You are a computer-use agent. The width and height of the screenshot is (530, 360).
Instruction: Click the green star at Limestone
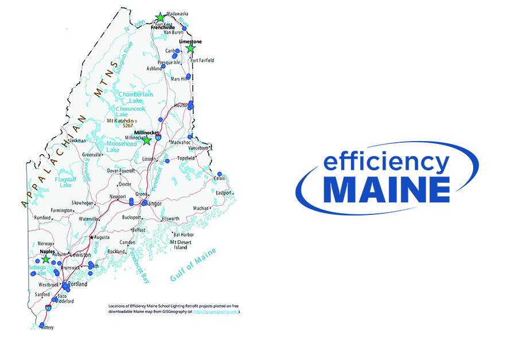pos(190,49)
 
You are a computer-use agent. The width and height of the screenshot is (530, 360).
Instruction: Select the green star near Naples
pos(45,259)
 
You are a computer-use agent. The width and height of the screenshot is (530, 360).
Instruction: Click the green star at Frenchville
pos(161,17)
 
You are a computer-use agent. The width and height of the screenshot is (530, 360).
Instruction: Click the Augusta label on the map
pos(102,237)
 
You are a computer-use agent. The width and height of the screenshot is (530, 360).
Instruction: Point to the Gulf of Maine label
pos(193,266)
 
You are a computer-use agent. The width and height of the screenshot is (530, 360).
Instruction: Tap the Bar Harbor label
pos(184,234)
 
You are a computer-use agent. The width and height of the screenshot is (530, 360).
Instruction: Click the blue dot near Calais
pos(220,174)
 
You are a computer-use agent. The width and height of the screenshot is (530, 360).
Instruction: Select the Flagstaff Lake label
pos(63,182)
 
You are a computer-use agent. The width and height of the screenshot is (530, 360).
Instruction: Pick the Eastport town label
pos(224,193)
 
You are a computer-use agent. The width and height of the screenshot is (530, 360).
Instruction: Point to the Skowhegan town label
pos(82,203)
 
